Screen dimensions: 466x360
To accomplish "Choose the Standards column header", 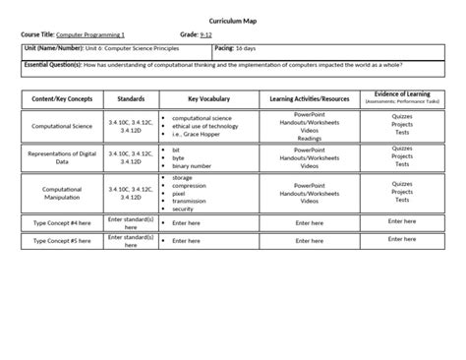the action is click(131, 98).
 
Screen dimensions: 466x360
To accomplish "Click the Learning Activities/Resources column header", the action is click(309, 98).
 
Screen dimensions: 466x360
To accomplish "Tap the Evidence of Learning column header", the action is click(401, 96).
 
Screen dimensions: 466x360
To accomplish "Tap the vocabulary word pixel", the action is click(180, 194).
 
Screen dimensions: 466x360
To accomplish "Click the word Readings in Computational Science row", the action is click(309, 139).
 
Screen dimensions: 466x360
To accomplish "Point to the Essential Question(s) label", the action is click(55, 65).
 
